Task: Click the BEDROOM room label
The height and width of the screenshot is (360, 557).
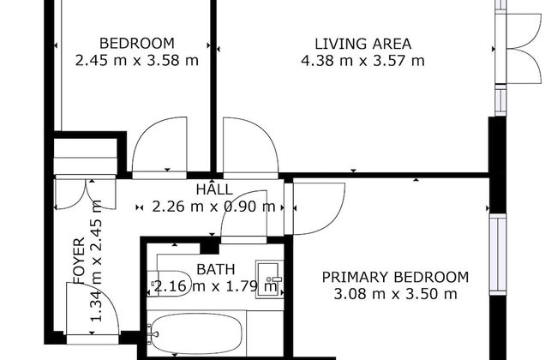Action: pyautogui.click(x=136, y=43)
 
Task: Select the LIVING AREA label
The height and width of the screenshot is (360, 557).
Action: pyautogui.click(x=362, y=43)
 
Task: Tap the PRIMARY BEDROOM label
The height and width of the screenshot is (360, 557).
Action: pyautogui.click(x=395, y=276)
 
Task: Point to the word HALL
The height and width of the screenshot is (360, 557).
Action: pyautogui.click(x=213, y=189)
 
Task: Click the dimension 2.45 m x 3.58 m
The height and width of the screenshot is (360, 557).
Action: pyautogui.click(x=136, y=60)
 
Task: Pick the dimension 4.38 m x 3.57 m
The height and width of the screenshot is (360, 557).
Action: pyautogui.click(x=362, y=60)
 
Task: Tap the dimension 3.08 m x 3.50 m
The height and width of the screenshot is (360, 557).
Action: pyautogui.click(x=395, y=294)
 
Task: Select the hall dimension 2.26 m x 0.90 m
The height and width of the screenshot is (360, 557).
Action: pyautogui.click(x=213, y=206)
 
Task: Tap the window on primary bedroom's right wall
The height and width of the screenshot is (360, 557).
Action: pyautogui.click(x=496, y=257)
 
